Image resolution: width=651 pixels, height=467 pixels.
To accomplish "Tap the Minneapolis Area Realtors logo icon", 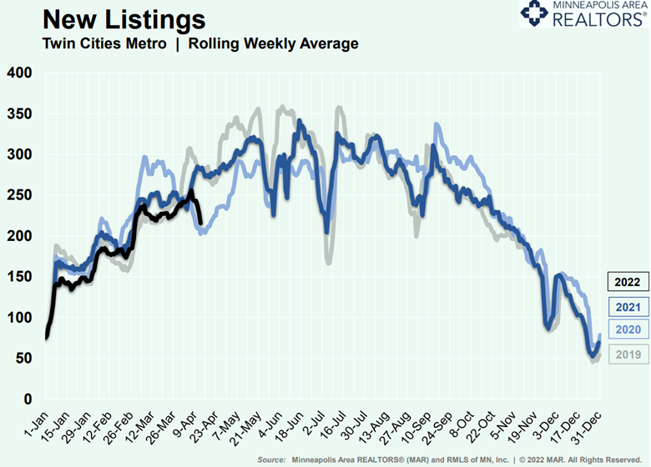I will (535, 14).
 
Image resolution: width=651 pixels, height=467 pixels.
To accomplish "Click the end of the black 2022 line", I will (200, 222).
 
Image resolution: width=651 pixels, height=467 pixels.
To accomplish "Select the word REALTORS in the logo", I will (596, 19).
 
